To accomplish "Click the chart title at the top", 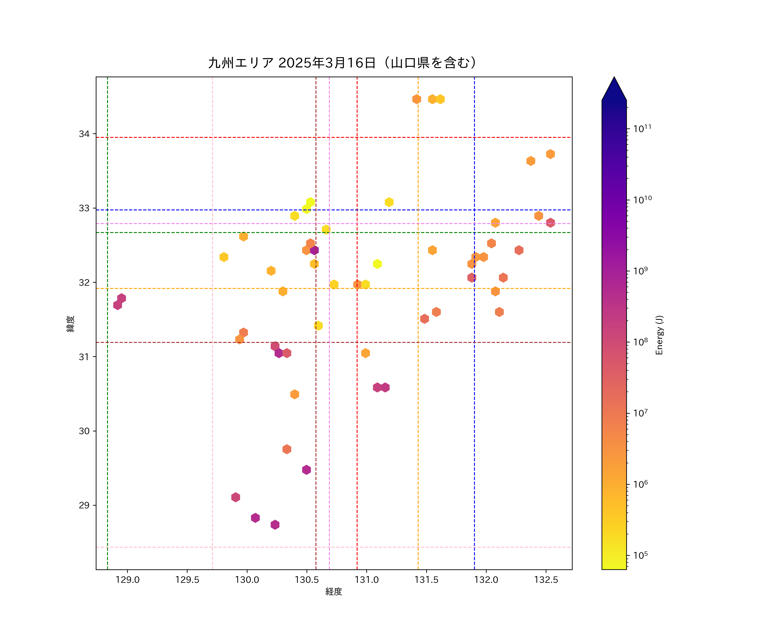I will coord(343,63).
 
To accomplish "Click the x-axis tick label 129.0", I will coord(127,580).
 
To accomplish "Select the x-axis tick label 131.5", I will coord(426,580).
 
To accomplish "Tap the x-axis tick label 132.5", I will coord(546,580).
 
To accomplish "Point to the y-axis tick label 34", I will coord(84,134).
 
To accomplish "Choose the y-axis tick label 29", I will coord(84,505).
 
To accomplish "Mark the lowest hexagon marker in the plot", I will coord(275,524).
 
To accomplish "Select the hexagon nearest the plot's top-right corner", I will coord(550,154).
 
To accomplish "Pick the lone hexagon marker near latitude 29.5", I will coord(307,470).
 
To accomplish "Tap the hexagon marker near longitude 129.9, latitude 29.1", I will coord(236,497).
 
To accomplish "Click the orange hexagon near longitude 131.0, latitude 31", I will coord(365,353).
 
